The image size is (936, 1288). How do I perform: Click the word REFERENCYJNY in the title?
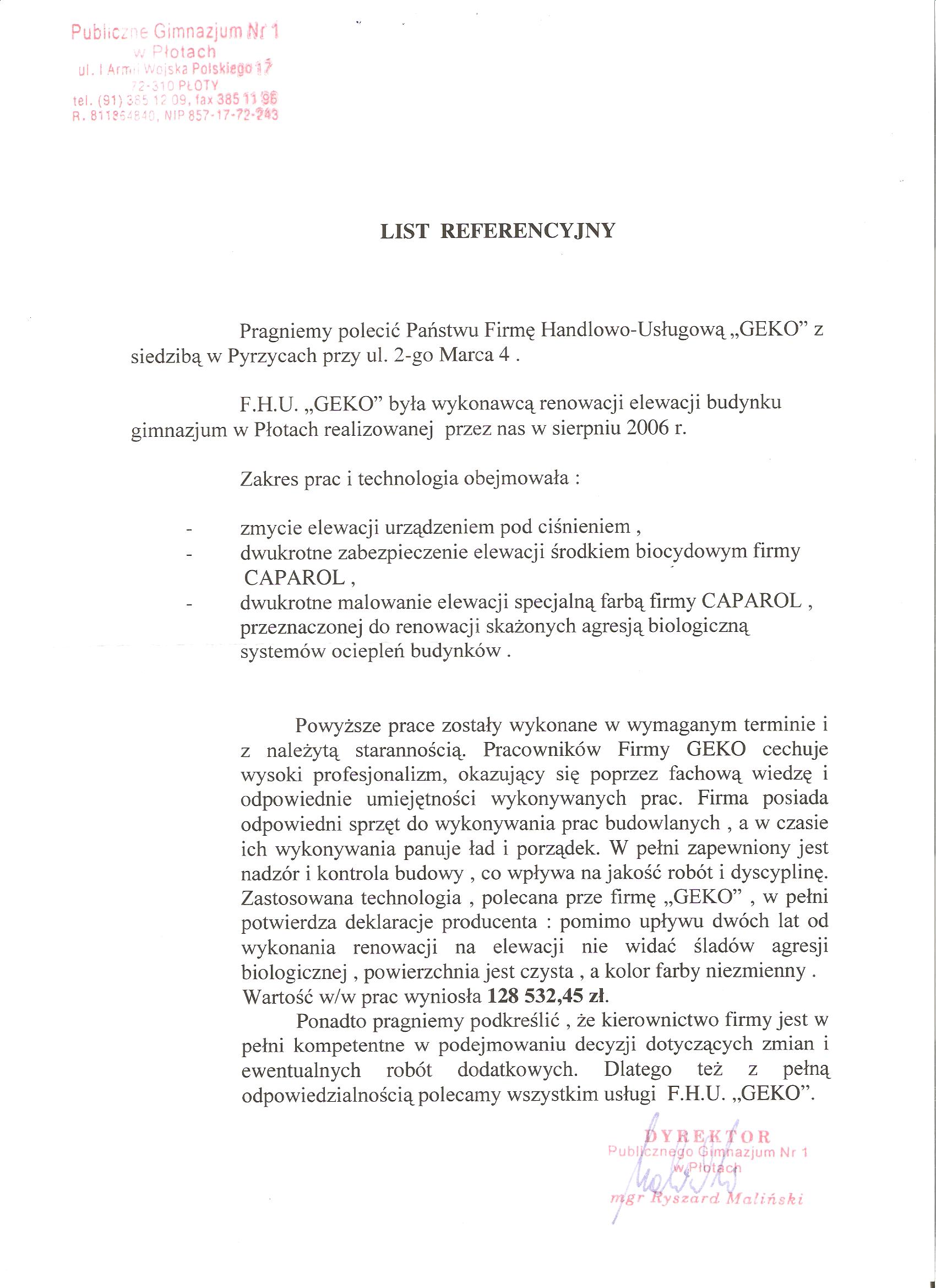pyautogui.click(x=528, y=232)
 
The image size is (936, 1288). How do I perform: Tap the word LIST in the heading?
pyautogui.click(x=404, y=232)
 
